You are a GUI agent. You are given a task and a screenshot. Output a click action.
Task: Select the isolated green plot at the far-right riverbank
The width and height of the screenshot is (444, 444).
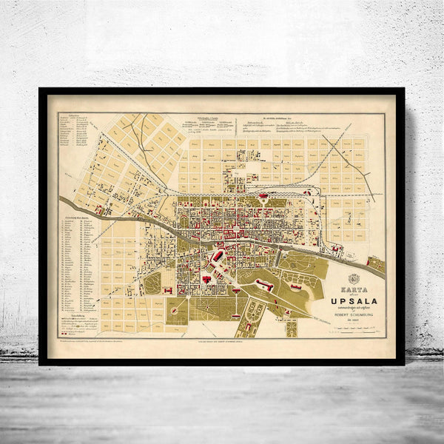(375, 263)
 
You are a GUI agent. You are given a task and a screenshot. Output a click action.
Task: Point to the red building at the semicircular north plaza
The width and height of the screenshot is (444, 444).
(263, 196)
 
